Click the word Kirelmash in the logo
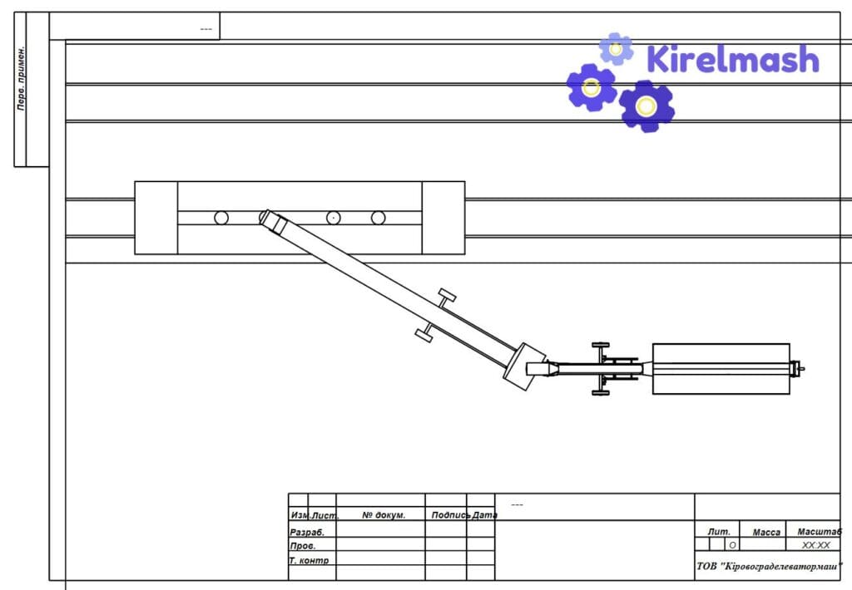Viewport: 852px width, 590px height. point(733,59)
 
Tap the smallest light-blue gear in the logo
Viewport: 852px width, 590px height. point(617,49)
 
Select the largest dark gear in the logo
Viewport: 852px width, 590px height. point(646,106)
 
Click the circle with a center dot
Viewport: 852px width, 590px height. point(333,218)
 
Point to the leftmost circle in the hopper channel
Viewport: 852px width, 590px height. point(221,218)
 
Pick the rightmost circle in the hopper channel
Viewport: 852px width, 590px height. point(379,218)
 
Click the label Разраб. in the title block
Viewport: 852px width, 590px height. point(307,533)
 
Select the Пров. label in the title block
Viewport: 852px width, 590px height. point(303,546)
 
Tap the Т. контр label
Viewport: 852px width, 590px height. point(310,560)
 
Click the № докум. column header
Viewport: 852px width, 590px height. point(384,515)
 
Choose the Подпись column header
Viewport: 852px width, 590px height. point(450,515)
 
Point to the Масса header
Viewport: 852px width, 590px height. point(766,533)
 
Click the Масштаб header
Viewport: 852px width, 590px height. point(820,531)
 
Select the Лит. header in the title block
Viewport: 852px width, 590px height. point(719,532)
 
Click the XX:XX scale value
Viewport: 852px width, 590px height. point(816,545)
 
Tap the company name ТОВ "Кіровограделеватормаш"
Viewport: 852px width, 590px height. point(769,567)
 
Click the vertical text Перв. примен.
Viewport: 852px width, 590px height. point(21,79)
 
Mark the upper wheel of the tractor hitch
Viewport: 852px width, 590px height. point(601,345)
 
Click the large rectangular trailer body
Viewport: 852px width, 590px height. point(721,369)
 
